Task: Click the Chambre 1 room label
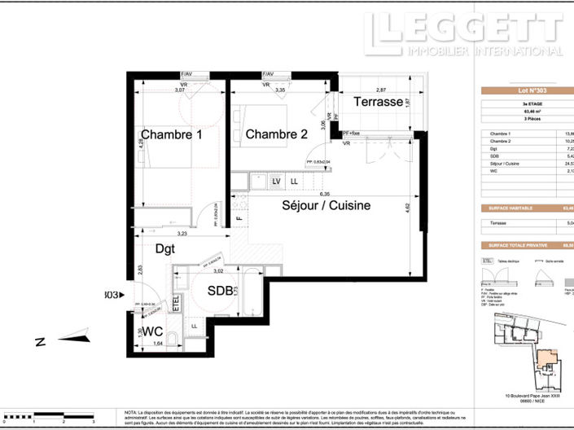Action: [x=171, y=134]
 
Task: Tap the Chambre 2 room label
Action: [x=276, y=134]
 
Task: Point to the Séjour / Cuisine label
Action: [x=326, y=206]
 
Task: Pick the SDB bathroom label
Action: [x=221, y=290]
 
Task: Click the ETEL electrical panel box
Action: [x=176, y=304]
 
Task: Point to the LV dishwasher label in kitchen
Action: [x=277, y=181]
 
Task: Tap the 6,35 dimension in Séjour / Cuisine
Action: [x=325, y=195]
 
